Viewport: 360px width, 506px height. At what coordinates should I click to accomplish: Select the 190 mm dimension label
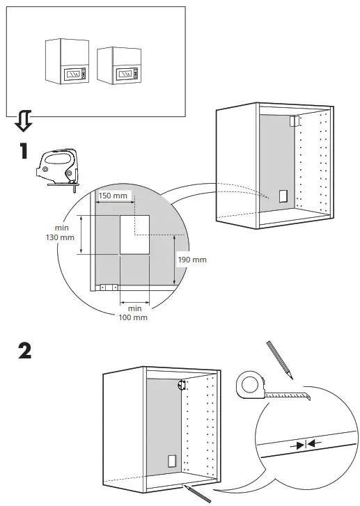point(192,260)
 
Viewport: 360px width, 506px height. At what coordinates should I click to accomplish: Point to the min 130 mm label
point(62,232)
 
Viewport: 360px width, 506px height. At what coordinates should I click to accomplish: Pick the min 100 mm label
point(135,313)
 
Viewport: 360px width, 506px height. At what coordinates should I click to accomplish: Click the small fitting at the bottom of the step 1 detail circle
point(108,287)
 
